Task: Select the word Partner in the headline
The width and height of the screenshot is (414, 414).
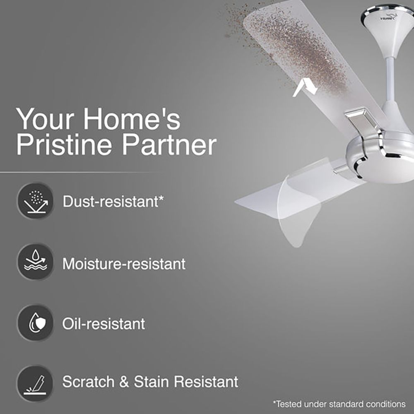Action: point(170,145)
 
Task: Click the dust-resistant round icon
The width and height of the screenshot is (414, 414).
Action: point(35,202)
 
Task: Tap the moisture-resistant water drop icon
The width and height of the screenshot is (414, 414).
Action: point(35,262)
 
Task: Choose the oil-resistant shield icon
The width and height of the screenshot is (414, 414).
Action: point(35,323)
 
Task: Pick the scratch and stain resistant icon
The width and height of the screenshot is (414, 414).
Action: point(35,383)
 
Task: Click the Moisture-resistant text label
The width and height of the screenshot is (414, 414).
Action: point(124,263)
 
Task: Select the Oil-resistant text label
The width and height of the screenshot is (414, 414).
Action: point(103,323)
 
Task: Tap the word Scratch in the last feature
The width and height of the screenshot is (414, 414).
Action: point(88,381)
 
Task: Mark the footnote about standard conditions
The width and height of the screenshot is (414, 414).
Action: point(339,404)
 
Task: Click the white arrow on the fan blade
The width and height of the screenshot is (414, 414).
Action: point(305,88)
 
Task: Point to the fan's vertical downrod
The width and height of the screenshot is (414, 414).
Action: point(390,79)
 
